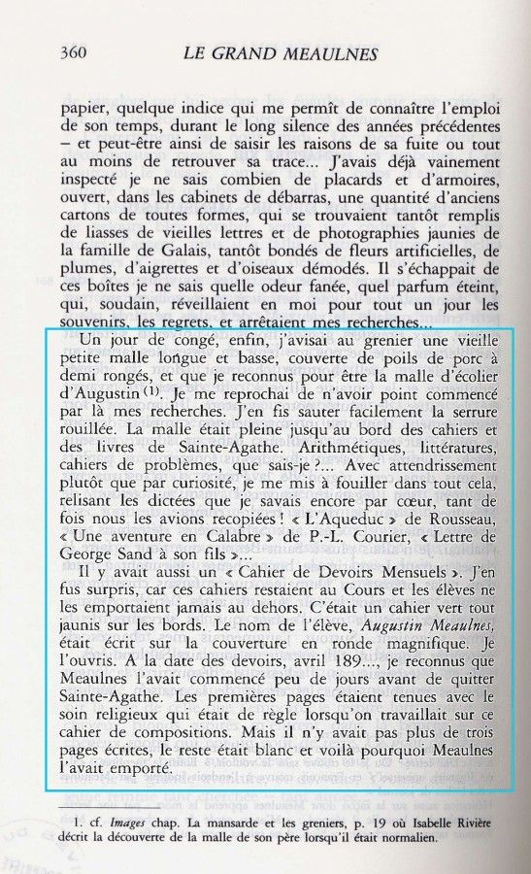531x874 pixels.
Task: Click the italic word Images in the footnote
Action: (x=117, y=825)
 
